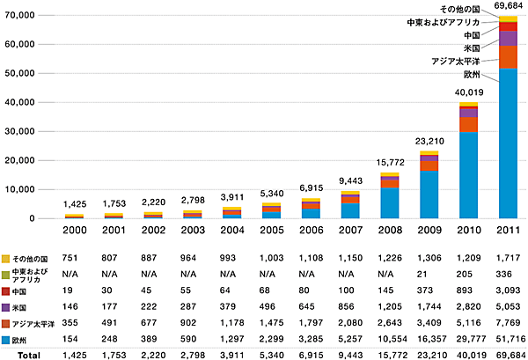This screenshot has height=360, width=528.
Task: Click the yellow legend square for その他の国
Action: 7,259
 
